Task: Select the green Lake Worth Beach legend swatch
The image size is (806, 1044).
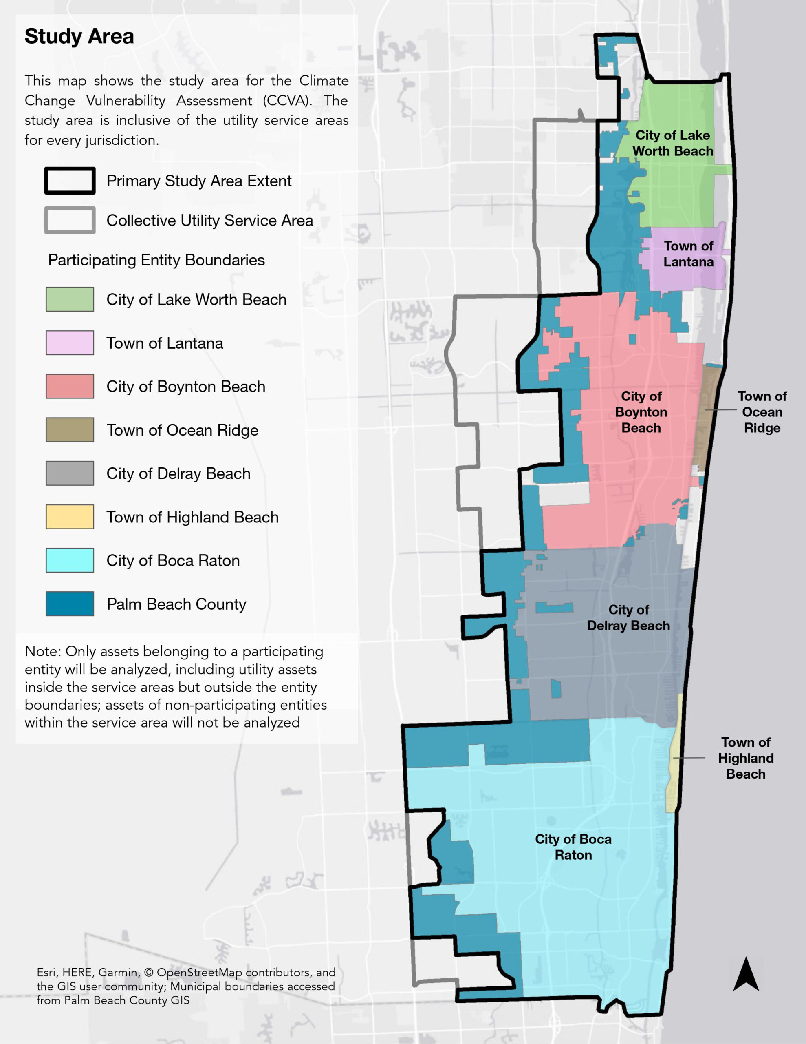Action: pyautogui.click(x=70, y=299)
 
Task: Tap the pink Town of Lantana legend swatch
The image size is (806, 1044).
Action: pyautogui.click(x=70, y=343)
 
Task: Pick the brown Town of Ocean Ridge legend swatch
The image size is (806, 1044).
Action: pyautogui.click(x=70, y=430)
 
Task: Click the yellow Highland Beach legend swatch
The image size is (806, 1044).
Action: pyautogui.click(x=70, y=517)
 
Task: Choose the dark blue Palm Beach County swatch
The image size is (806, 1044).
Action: pyautogui.click(x=70, y=604)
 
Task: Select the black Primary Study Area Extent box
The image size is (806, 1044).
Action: pyautogui.click(x=70, y=181)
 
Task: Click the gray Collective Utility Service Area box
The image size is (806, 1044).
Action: pyautogui.click(x=70, y=220)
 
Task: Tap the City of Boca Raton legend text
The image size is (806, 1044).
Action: pyautogui.click(x=173, y=560)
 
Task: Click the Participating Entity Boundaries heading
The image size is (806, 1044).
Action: pyautogui.click(x=156, y=260)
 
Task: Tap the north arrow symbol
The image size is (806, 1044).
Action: pyautogui.click(x=746, y=974)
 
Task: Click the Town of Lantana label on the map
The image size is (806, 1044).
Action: pyautogui.click(x=688, y=254)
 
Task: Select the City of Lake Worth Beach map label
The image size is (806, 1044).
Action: pyautogui.click(x=672, y=143)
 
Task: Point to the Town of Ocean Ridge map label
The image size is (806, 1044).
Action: pyautogui.click(x=762, y=411)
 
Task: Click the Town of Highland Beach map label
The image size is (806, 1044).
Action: pyautogui.click(x=745, y=758)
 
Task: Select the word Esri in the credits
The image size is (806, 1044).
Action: pyautogui.click(x=47, y=972)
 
